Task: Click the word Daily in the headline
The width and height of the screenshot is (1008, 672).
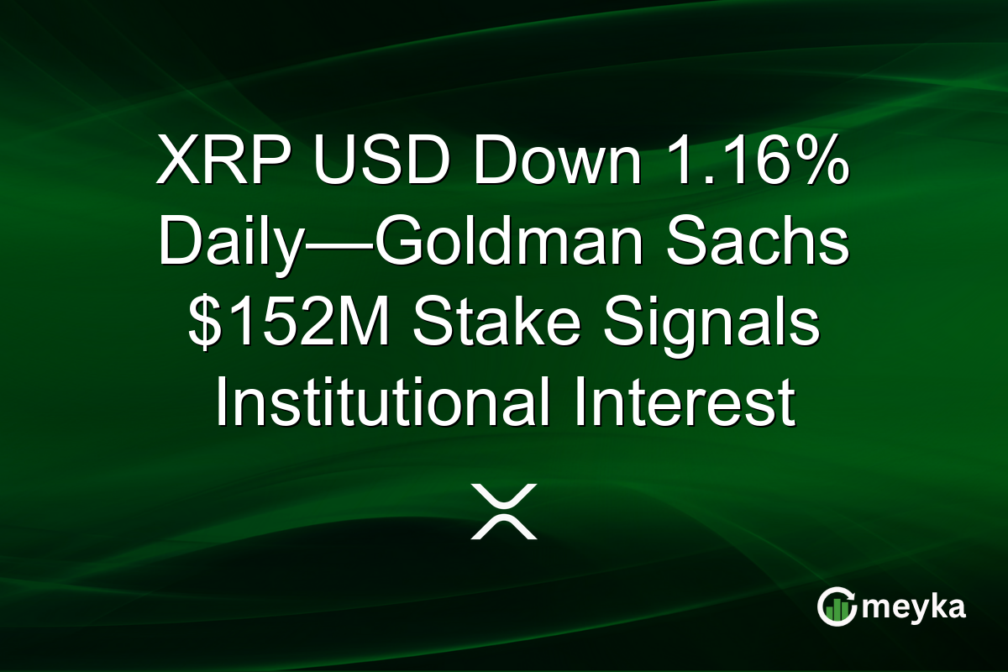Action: tap(223, 244)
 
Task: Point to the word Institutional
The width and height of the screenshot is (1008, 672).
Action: tap(383, 407)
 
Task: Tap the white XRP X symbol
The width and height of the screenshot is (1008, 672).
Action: tap(503, 511)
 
